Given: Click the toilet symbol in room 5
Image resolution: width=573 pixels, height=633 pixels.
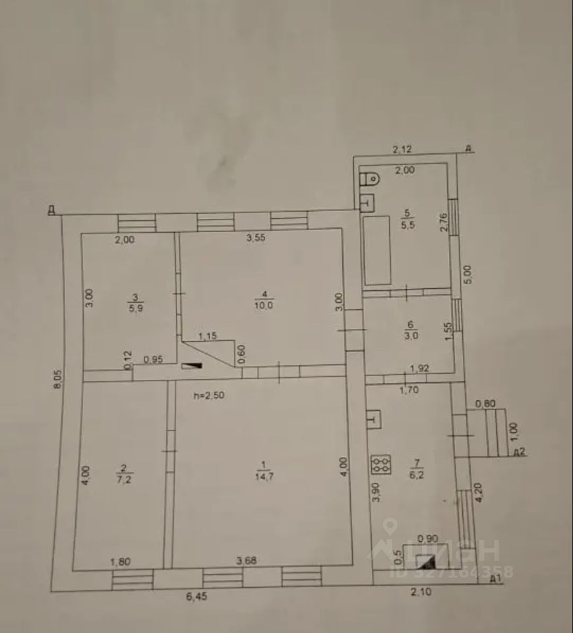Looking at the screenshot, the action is [370, 178].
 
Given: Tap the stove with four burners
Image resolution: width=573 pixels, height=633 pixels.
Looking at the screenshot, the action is [380, 466].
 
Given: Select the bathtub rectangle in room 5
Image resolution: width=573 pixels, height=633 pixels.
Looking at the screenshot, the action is [377, 250].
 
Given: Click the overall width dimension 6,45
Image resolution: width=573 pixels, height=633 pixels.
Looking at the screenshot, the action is [196, 598].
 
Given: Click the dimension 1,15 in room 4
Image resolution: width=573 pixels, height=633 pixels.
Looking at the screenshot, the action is [208, 336].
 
